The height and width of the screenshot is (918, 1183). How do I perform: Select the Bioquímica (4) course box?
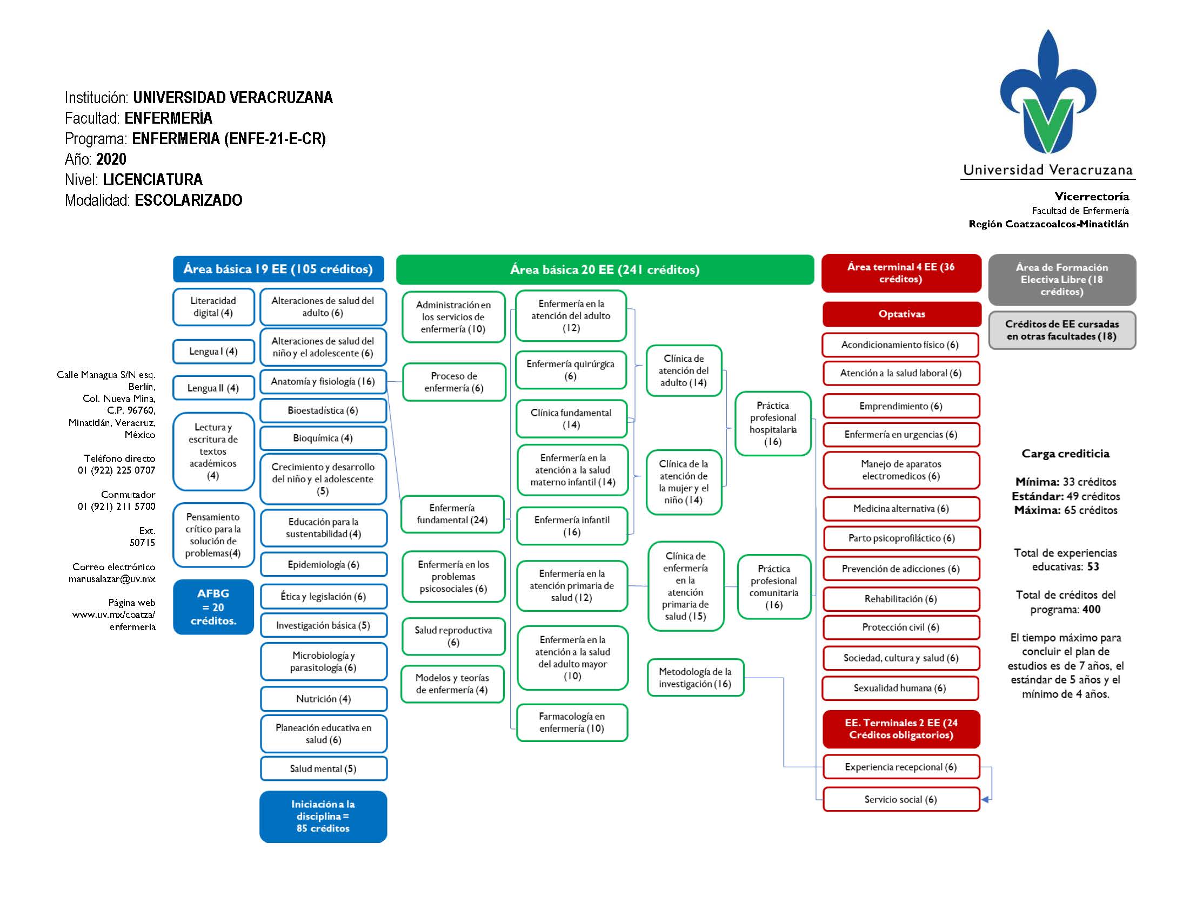pos(323,438)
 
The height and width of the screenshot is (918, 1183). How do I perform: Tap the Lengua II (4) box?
pos(213,388)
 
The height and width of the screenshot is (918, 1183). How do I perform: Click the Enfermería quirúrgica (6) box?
pos(570,370)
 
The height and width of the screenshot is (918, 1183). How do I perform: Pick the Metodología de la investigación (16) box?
pos(695,677)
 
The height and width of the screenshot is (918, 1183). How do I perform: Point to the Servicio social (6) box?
pos(900,799)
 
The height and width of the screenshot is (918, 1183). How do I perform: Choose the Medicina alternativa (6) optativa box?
pos(900,508)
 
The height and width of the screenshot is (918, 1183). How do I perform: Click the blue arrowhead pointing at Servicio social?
pos(986,799)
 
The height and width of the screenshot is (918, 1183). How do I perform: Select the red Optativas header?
pos(901,314)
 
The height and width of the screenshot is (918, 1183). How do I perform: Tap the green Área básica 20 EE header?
pos(605,269)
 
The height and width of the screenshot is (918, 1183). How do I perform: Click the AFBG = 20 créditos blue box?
pos(213,607)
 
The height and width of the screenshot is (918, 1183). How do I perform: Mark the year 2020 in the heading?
pos(111,159)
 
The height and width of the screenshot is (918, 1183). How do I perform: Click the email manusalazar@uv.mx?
pos(111,579)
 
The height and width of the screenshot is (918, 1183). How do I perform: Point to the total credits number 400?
pos(1091,609)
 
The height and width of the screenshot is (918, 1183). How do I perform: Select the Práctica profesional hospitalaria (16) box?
pos(772,423)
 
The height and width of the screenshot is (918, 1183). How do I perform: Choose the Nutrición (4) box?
pos(323,698)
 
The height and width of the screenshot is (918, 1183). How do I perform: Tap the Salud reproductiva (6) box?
pos(453,636)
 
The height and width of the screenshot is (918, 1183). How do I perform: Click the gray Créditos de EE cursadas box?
pos(1061,330)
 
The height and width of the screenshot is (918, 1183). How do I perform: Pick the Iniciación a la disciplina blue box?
pos(323,816)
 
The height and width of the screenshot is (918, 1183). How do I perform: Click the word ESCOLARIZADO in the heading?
pos(189,200)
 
